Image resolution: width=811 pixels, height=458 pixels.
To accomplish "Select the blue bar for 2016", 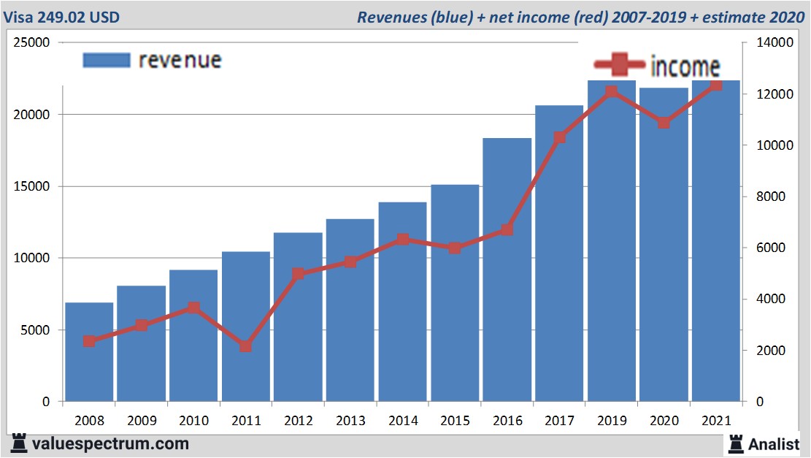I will pyautogui.click(x=507, y=270).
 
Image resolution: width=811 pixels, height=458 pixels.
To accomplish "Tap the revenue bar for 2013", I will pyautogui.click(x=350, y=310).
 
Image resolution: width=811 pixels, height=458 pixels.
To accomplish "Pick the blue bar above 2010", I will pyautogui.click(x=193, y=335).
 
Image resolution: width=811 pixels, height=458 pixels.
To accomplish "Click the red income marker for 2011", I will pyautogui.click(x=245, y=346).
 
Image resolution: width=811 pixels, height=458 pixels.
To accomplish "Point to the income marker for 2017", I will pyautogui.click(x=559, y=137).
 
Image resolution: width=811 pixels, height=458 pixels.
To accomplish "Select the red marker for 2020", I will pyautogui.click(x=664, y=123).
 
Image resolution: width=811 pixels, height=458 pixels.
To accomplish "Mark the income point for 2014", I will pyautogui.click(x=402, y=240).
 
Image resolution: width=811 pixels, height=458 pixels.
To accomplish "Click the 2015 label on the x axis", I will pyautogui.click(x=455, y=421).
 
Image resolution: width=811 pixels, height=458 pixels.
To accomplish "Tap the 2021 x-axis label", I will pyautogui.click(x=716, y=421).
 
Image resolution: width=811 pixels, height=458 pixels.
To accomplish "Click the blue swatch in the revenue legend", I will pyautogui.click(x=106, y=60).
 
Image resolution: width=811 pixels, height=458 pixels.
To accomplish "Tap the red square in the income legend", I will pyautogui.click(x=619, y=66).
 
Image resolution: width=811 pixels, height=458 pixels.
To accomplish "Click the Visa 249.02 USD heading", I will pyautogui.click(x=61, y=17).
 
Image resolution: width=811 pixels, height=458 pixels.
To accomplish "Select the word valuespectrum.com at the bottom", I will pyautogui.click(x=110, y=443).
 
